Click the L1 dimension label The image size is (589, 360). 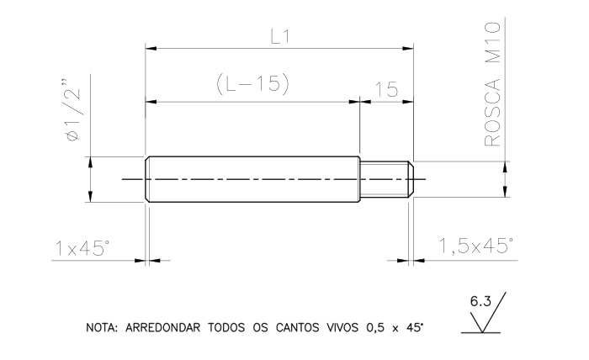point(280,37)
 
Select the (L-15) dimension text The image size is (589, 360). point(253,83)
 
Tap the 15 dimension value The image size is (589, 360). point(386,89)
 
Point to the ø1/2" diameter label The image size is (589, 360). point(73,110)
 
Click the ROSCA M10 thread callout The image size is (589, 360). point(492,84)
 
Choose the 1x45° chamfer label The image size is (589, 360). point(82,248)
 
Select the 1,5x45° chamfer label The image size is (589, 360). point(476,246)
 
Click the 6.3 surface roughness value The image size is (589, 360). point(480,301)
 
